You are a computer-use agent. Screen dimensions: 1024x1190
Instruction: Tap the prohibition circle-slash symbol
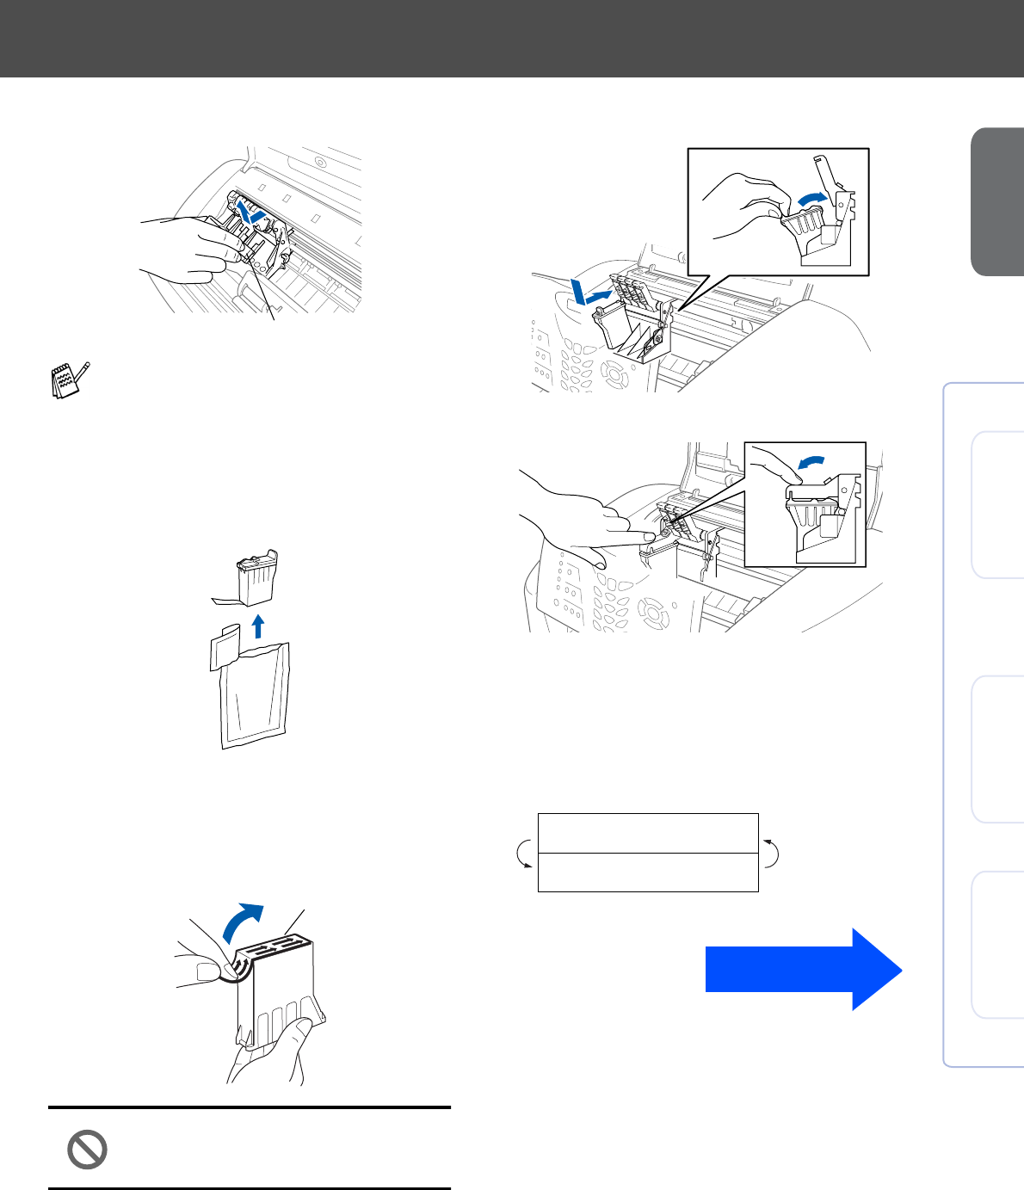(87, 1150)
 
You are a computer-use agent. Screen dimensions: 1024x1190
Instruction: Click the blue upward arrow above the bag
(256, 626)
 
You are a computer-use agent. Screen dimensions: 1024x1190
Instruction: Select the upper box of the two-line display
(648, 833)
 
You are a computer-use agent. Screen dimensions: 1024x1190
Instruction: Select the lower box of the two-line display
(648, 872)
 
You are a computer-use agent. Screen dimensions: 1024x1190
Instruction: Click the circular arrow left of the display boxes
(522, 854)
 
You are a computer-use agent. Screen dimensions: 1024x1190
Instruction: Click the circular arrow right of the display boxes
(771, 853)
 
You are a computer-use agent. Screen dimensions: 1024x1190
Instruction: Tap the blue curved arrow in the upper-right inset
(811, 200)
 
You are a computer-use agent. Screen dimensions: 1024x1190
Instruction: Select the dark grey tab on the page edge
(998, 202)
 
